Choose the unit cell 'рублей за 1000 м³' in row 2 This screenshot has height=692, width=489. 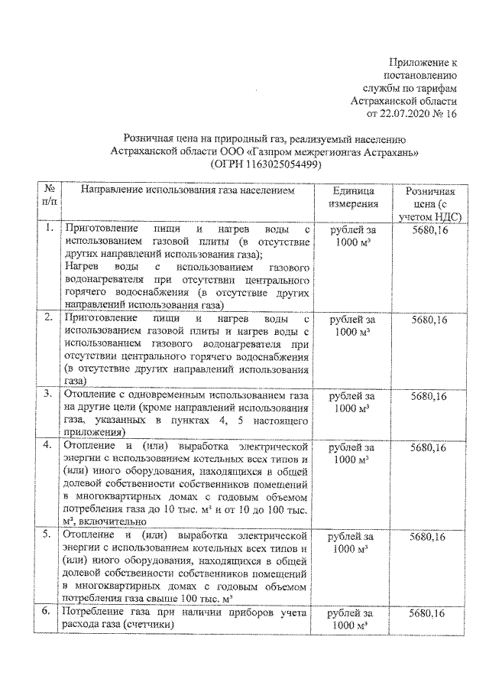(x=353, y=324)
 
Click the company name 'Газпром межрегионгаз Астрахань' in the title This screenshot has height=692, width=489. (x=338, y=151)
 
